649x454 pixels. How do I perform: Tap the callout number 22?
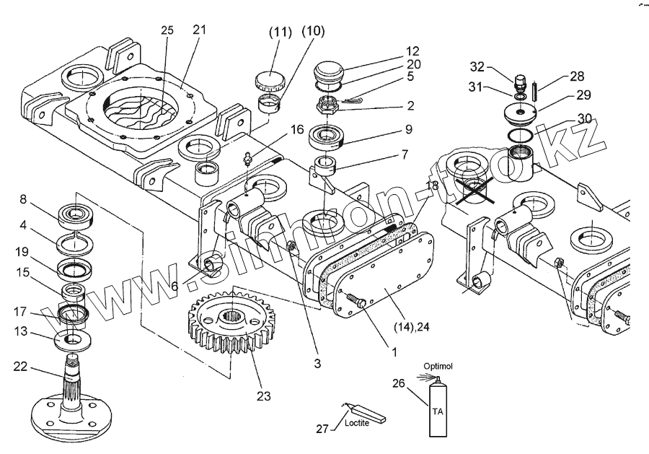point(19,367)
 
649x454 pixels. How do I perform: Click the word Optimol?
point(438,364)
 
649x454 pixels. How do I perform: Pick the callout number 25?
point(167,30)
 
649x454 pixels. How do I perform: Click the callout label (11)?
point(280,32)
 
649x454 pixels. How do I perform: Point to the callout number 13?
point(22,331)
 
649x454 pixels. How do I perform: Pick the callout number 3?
point(317,364)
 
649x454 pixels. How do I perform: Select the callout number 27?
point(322,429)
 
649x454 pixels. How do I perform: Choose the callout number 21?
point(200,30)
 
